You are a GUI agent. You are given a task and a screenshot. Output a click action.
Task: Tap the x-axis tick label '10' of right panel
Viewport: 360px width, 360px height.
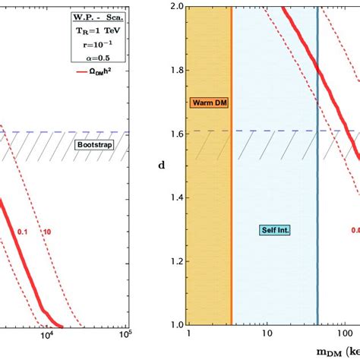(266, 335)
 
